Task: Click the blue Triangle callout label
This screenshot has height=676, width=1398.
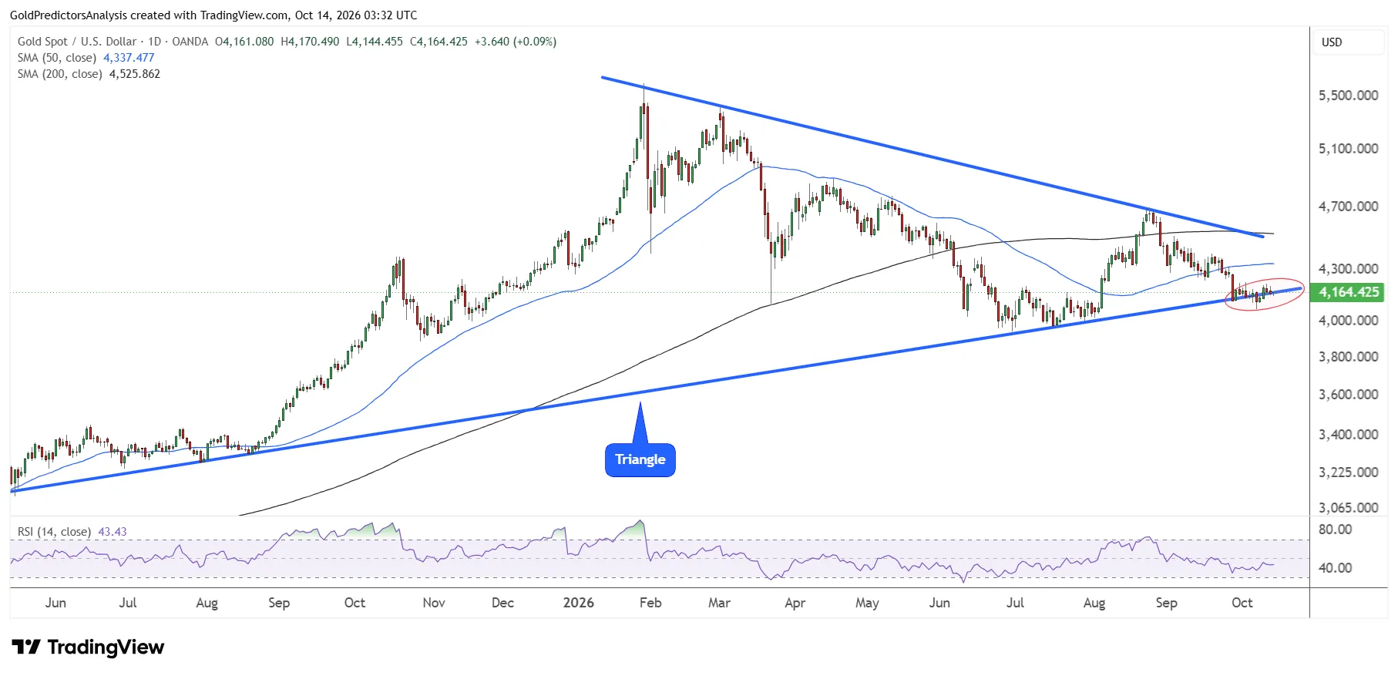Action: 640,460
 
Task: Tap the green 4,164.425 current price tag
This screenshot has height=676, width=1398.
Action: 1349,292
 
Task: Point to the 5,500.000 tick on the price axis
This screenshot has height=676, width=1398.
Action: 1349,96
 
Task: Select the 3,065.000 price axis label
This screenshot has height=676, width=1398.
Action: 1349,507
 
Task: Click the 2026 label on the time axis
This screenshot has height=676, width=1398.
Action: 579,603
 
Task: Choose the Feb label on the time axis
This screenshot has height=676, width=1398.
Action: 650,603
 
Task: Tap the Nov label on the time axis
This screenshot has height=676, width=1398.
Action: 434,603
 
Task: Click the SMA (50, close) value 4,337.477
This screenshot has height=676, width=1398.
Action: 129,58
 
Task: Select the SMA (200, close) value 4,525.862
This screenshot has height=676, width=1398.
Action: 135,74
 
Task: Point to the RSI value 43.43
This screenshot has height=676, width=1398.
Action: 113,532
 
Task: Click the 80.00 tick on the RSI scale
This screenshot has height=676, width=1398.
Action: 1336,530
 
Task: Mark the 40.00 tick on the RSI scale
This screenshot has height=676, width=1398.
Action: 1336,568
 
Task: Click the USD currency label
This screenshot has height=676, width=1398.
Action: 1332,42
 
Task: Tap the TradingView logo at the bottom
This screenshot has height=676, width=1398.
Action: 88,647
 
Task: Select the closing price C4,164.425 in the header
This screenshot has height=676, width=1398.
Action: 439,42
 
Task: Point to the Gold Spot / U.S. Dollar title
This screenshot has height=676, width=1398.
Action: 77,42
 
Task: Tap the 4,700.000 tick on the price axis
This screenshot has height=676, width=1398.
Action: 1349,207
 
